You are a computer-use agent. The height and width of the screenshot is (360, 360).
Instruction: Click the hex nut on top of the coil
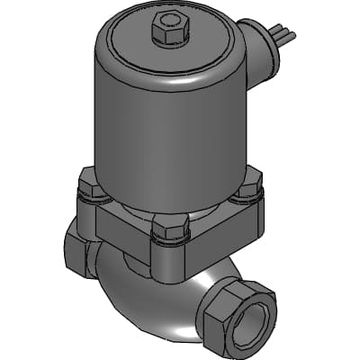168,31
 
